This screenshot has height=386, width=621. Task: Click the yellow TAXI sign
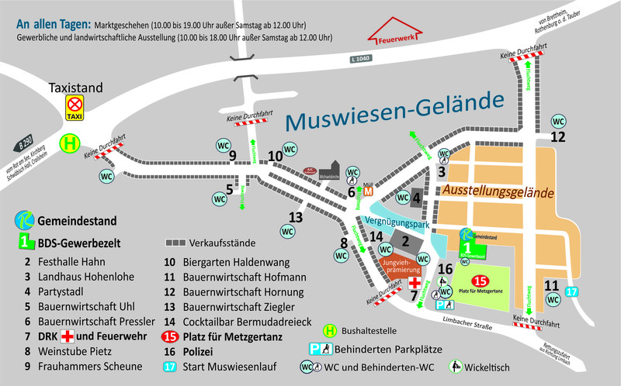click(75, 109)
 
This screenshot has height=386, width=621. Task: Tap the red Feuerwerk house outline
click(395, 34)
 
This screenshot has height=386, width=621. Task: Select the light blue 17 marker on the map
click(572, 291)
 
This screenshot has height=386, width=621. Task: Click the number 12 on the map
click(557, 137)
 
